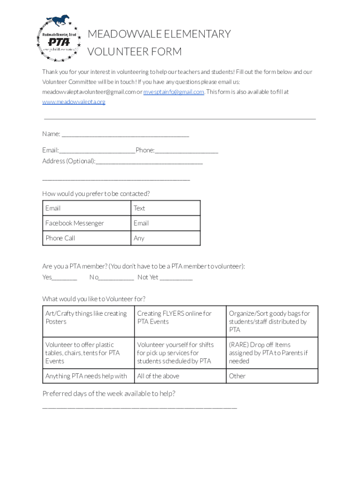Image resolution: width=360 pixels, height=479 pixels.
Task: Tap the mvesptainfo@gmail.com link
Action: tap(173, 92)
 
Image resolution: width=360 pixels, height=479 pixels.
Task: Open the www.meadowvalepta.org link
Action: tap(74, 102)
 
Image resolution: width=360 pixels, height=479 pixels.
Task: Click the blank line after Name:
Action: tap(125, 135)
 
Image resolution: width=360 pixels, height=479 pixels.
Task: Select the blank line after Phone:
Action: tap(187, 151)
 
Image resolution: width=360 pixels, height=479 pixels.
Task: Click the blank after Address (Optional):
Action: tap(149, 162)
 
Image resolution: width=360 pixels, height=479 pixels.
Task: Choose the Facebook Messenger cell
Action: tap(86, 223)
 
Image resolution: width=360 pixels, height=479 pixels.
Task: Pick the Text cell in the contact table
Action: tap(165, 208)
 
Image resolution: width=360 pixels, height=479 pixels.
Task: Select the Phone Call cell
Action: tap(86, 238)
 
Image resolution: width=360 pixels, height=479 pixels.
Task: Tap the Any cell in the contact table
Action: tap(165, 238)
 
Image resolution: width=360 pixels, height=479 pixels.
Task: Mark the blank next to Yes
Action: tap(65, 278)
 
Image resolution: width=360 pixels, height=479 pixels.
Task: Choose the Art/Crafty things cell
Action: tap(88, 321)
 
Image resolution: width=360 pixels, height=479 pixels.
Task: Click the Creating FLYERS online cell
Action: tap(180, 321)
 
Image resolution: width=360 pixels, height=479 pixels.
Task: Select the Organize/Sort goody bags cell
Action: tap(272, 321)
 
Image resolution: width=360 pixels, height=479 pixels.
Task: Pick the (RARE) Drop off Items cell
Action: tap(272, 353)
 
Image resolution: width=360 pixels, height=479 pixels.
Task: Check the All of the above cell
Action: tap(180, 376)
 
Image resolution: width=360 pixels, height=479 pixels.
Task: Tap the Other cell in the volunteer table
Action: tap(272, 376)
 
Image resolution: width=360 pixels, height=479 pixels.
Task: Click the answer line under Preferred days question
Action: tap(139, 407)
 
